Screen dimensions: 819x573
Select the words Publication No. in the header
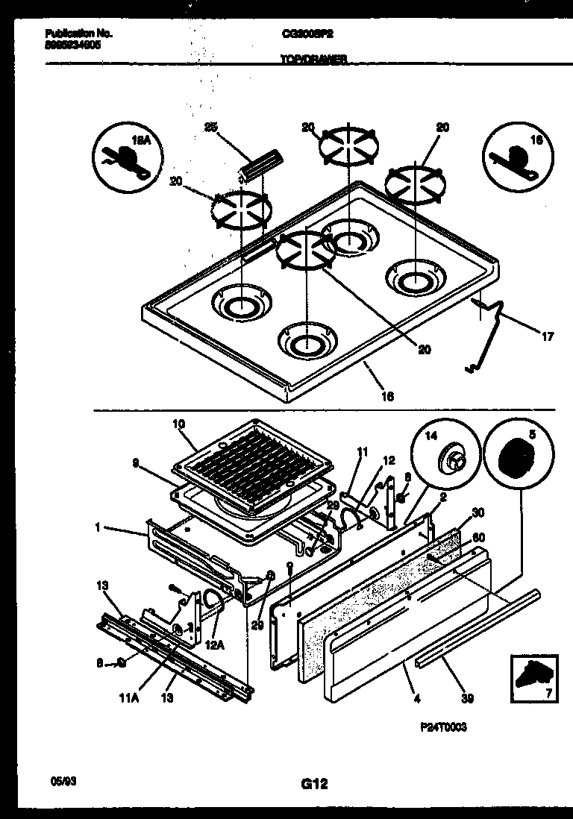72,34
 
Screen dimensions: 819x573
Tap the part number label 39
467,699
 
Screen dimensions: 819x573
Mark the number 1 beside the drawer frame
98,527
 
